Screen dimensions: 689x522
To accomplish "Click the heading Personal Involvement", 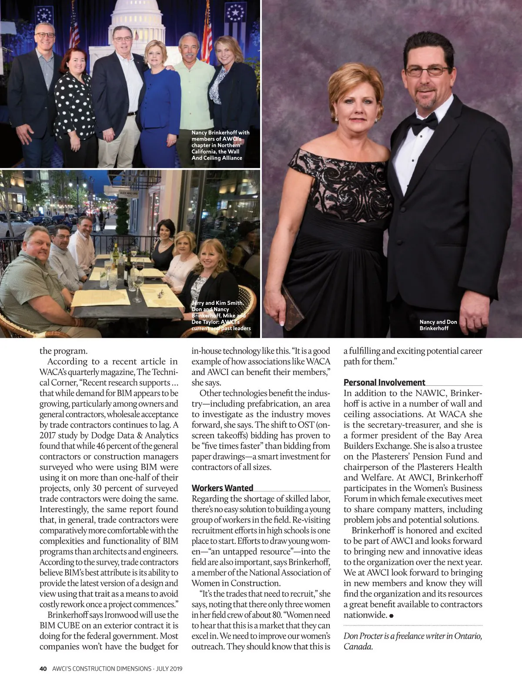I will coord(384,382).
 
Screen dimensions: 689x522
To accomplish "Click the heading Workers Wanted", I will coord(222,488).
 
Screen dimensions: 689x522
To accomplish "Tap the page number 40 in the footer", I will coord(43,669).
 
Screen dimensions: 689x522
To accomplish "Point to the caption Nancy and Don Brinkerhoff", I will coord(438,325).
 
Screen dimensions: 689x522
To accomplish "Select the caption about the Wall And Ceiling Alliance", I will coord(220,145).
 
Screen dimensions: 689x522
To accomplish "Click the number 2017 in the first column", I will coord(50,436).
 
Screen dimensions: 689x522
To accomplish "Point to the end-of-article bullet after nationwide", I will coord(392,615).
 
